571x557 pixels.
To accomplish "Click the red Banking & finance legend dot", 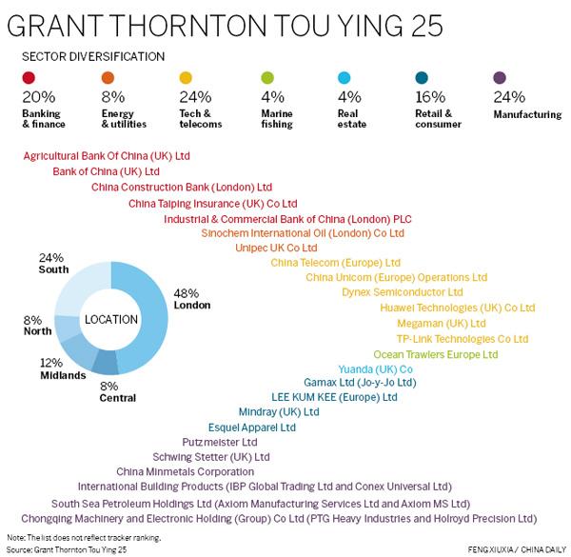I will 30,79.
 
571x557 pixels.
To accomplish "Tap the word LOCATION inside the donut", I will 110,319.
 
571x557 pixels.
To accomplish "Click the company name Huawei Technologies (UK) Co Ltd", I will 458,308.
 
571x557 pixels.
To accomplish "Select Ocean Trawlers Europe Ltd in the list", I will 435,354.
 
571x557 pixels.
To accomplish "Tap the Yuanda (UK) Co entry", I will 375,369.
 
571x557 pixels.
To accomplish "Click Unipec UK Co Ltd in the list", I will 276,248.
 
